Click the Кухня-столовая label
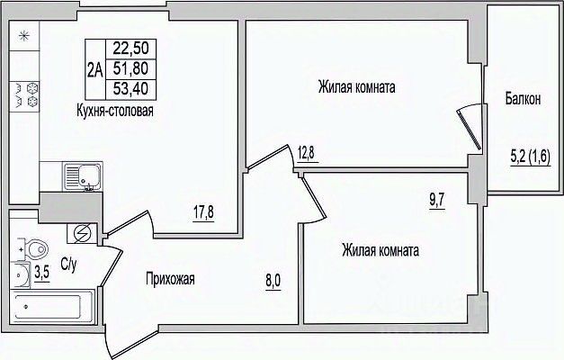point(115,111)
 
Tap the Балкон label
point(523,99)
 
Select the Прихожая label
point(170,279)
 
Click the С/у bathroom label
point(68,265)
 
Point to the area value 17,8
point(203,212)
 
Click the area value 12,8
point(306,153)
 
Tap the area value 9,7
point(437,201)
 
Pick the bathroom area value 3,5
point(41,274)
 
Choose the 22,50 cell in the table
point(131,49)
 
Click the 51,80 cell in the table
point(131,68)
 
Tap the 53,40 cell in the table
point(131,89)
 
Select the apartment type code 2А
point(95,69)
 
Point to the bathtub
point(52,306)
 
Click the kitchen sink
point(83,176)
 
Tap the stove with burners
point(24,95)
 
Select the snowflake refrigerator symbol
point(23,36)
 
